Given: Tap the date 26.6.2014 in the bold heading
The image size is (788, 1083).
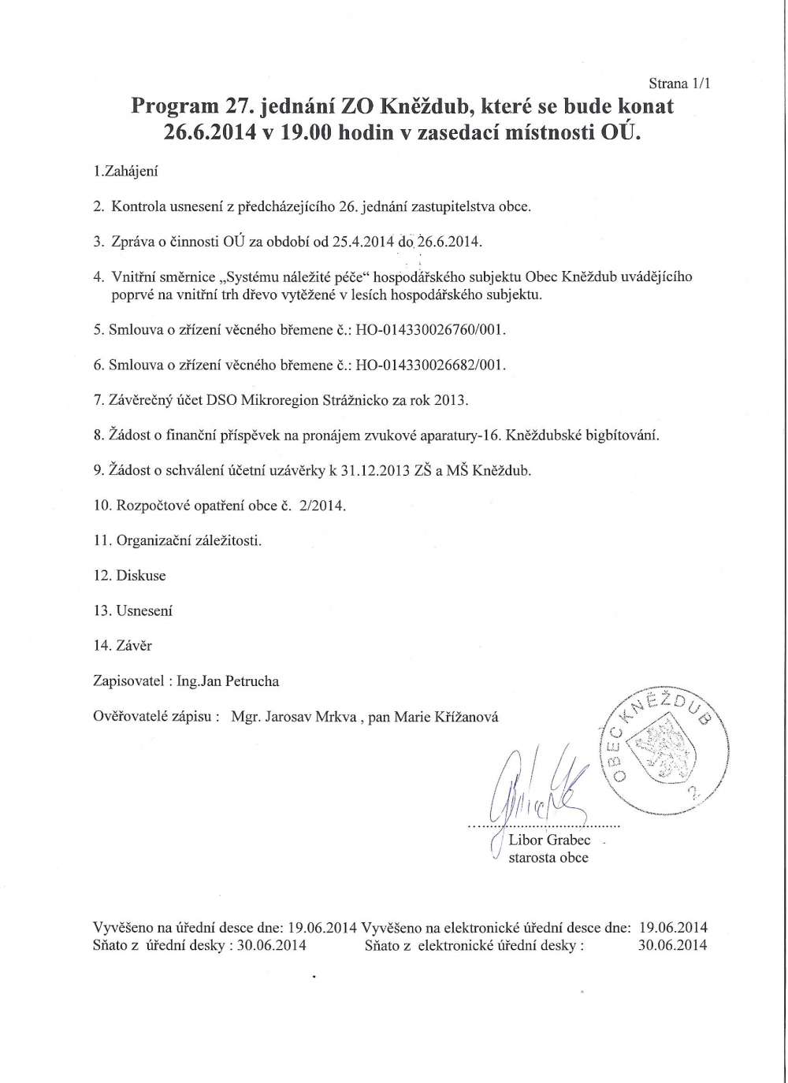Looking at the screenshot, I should (x=209, y=132).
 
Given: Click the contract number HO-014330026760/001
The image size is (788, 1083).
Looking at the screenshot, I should (x=430, y=330).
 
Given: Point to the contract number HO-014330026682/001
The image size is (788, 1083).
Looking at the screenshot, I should (x=430, y=366).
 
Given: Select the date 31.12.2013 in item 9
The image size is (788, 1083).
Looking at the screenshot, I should (x=370, y=470).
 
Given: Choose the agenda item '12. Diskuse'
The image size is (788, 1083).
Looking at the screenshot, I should (x=130, y=575).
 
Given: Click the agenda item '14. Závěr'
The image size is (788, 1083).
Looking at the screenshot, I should (x=123, y=646).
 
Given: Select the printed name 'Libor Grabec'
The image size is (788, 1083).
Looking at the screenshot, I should (x=549, y=840).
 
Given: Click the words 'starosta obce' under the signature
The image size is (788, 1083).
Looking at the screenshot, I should (x=548, y=858).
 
